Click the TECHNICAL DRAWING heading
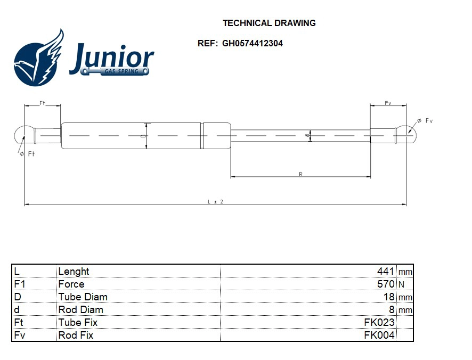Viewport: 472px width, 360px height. pos(269,23)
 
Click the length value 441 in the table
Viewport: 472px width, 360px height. pos(385,271)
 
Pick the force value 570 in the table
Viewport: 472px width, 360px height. pos(385,284)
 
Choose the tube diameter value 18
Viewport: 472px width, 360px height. pos(389,297)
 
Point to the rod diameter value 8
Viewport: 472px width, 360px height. pos(392,309)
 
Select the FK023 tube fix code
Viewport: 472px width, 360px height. pos(379,322)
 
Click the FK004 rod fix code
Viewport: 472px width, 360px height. pos(379,335)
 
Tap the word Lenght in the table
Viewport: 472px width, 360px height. pos(74,271)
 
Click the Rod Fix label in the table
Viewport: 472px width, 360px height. pos(76,335)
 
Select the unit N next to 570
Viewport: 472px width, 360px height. pos(401,284)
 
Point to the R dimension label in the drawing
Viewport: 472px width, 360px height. pos(301,174)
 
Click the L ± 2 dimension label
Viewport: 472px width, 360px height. pos(215,201)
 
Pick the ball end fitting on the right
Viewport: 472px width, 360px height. pos(407,135)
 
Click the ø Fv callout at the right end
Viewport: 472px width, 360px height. pos(425,121)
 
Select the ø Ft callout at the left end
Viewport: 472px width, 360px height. pos(27,154)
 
